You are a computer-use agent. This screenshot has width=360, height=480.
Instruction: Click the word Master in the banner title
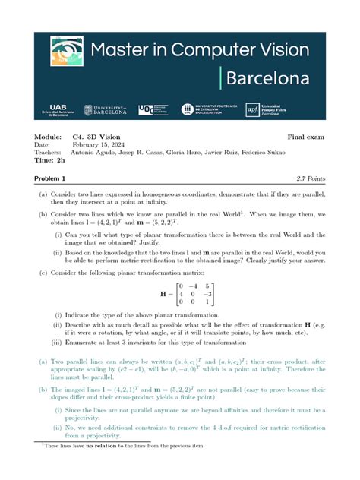(127, 51)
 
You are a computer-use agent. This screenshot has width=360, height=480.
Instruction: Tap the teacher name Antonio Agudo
(95, 153)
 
